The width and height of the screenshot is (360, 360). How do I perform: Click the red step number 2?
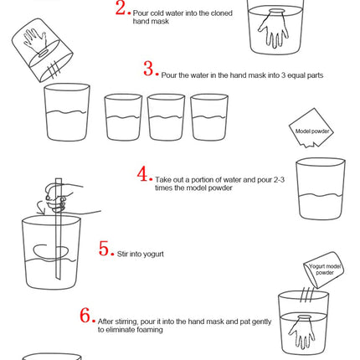pyautogui.click(x=121, y=8)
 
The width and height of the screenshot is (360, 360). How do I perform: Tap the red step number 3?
pyautogui.click(x=149, y=69)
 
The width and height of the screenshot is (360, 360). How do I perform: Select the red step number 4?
pyautogui.click(x=142, y=173)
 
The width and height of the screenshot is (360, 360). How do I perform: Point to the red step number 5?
pyautogui.click(x=104, y=249)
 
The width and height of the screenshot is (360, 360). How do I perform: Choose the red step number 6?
pyautogui.click(x=85, y=315)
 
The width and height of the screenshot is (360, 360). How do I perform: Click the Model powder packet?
pyautogui.click(x=311, y=128)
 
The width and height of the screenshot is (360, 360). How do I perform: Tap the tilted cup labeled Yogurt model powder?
pyautogui.click(x=324, y=270)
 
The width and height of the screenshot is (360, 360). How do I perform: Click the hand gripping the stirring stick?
pyautogui.click(x=57, y=198)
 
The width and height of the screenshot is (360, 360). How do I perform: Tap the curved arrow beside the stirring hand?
pyautogui.click(x=41, y=208)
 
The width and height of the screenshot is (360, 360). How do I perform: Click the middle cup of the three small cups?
pyautogui.click(x=166, y=117)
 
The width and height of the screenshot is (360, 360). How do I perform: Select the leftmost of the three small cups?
pyautogui.click(x=123, y=117)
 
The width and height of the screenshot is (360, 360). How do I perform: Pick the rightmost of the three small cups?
pyautogui.click(x=209, y=117)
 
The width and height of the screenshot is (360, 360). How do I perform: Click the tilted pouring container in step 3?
pyautogui.click(x=43, y=50)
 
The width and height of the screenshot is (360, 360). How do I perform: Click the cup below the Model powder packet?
pyautogui.click(x=321, y=188)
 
